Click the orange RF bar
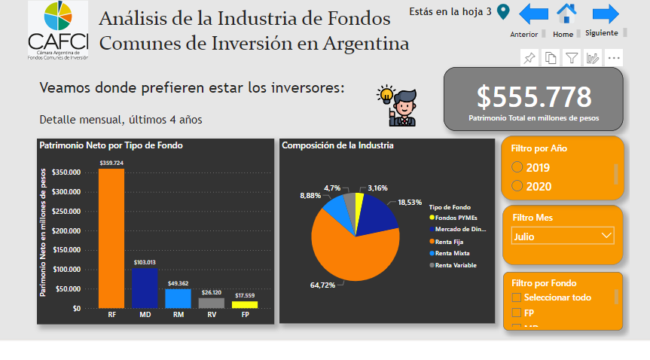click(x=111, y=237)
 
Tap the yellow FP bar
click(x=244, y=304)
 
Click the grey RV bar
click(x=211, y=303)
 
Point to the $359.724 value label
click(x=111, y=163)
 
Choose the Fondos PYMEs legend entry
click(x=453, y=218)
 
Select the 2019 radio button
click(x=517, y=167)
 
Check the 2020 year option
click(x=517, y=186)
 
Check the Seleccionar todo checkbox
click(x=516, y=297)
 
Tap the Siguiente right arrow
click(x=605, y=14)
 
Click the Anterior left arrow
click(x=533, y=14)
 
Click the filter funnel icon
click(x=572, y=58)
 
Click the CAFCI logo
click(x=57, y=30)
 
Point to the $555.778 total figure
click(x=534, y=96)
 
